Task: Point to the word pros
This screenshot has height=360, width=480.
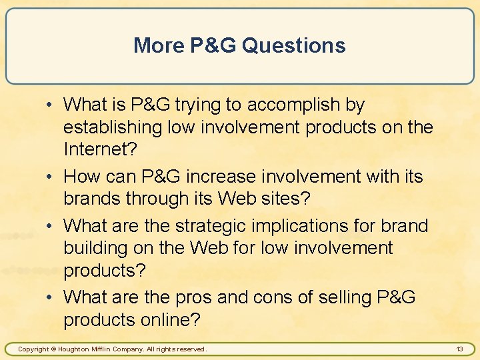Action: [194, 297]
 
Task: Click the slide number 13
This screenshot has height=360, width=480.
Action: [459, 349]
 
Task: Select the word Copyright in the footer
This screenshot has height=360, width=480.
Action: [33, 349]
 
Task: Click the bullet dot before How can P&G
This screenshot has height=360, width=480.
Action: [50, 177]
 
